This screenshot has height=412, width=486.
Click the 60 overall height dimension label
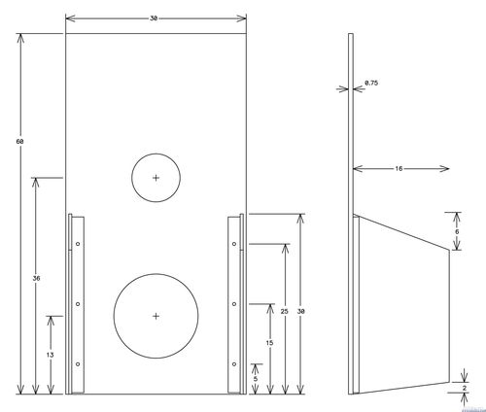click(x=19, y=142)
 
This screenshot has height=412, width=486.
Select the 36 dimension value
click(x=36, y=278)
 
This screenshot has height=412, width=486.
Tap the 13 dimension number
click(x=50, y=355)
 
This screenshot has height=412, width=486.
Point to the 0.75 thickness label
click(x=371, y=83)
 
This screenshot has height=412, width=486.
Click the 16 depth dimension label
click(x=399, y=168)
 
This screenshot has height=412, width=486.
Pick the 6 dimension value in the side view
click(x=457, y=231)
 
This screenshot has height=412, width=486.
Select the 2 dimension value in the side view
click(x=465, y=388)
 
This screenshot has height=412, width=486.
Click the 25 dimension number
click(x=284, y=311)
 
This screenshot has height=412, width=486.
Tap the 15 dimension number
click(x=269, y=343)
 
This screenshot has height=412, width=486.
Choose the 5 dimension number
click(x=256, y=379)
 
